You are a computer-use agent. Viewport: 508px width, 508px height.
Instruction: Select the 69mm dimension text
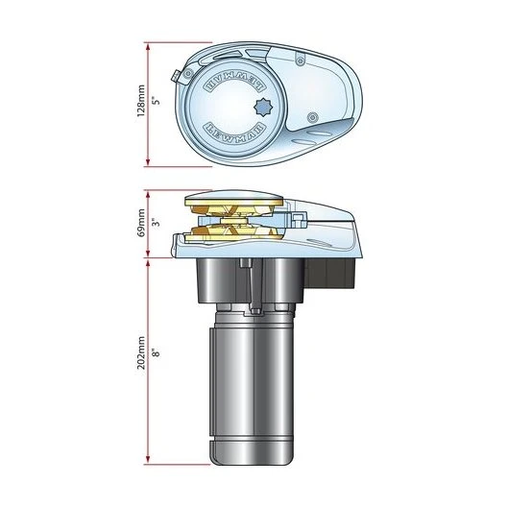[x=139, y=225]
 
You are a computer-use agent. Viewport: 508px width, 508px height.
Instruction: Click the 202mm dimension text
[x=139, y=353]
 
